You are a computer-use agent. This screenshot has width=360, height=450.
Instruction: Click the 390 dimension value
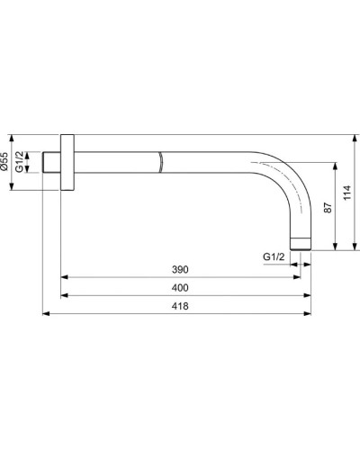(x=179, y=269)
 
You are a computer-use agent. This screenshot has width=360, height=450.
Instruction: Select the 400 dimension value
(x=179, y=288)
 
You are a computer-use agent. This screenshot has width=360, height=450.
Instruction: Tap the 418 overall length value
(x=179, y=307)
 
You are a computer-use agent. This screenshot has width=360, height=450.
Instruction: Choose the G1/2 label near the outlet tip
(x=274, y=257)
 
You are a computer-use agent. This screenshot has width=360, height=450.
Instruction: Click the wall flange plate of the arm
(x=67, y=164)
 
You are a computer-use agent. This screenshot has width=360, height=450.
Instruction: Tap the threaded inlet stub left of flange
(x=52, y=164)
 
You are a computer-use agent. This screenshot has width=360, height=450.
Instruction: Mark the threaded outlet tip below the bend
(x=301, y=241)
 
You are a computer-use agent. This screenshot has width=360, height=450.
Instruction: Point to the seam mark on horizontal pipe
(x=159, y=164)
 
